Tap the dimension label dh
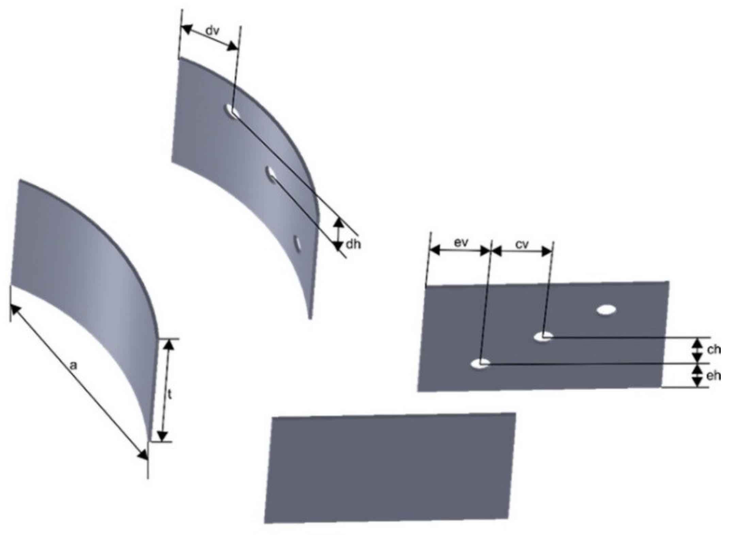pos(353,244)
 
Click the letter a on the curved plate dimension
pos(73,366)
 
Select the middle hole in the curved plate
pos(272,174)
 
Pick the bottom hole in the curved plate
pos(298,244)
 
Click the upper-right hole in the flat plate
pos(606,310)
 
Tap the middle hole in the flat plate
pos(542,337)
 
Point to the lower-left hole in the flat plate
pos(480,363)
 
